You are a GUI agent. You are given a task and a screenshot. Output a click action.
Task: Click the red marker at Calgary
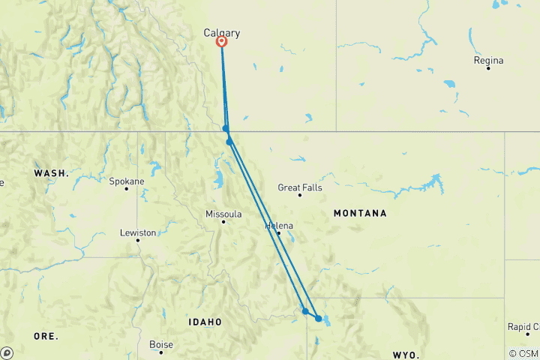(222, 42)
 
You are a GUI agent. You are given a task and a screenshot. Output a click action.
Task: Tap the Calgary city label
(222, 33)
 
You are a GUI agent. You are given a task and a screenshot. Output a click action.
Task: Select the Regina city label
(488, 60)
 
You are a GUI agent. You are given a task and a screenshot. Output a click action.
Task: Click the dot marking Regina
(487, 68)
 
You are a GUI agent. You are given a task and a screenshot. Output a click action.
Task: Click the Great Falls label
(300, 187)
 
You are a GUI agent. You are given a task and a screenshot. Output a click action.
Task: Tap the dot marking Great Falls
(300, 195)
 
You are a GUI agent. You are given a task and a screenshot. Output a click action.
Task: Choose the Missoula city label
(223, 214)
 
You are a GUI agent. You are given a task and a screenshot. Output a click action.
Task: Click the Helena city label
(280, 225)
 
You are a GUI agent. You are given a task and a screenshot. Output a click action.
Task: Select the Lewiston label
(138, 232)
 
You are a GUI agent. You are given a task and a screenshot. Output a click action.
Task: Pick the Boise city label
(161, 344)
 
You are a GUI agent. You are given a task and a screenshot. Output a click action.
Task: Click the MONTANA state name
(360, 214)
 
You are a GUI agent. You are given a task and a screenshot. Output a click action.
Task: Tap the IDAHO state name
(205, 322)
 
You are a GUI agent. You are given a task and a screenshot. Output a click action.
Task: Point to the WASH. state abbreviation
(51, 173)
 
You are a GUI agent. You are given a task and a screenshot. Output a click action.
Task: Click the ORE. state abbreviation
(46, 337)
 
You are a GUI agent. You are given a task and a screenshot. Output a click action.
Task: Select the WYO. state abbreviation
(408, 353)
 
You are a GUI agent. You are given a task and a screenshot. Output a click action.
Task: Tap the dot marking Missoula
(223, 221)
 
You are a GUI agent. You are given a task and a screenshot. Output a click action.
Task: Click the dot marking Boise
(160, 352)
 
